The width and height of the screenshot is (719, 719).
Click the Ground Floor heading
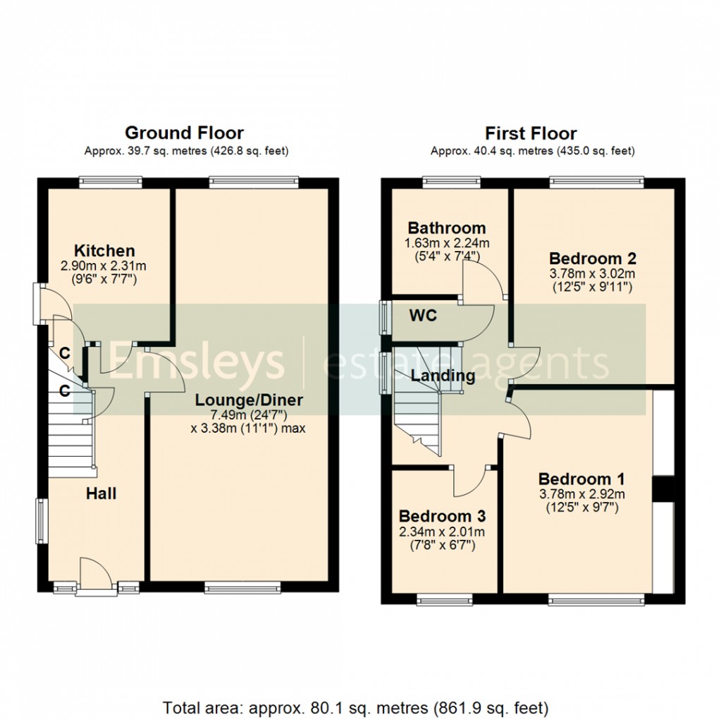[184, 133]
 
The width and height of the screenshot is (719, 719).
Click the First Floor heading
[531, 133]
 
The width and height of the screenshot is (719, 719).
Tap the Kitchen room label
[105, 251]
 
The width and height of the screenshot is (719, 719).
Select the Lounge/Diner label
[249, 400]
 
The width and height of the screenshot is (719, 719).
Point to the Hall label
[101, 493]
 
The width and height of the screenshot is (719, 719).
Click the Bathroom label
[447, 228]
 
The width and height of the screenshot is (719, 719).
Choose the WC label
[423, 315]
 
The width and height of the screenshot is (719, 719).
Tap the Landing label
[443, 376]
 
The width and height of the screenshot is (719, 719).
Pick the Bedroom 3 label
[442, 517]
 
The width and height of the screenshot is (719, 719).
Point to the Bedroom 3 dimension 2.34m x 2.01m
[442, 531]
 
